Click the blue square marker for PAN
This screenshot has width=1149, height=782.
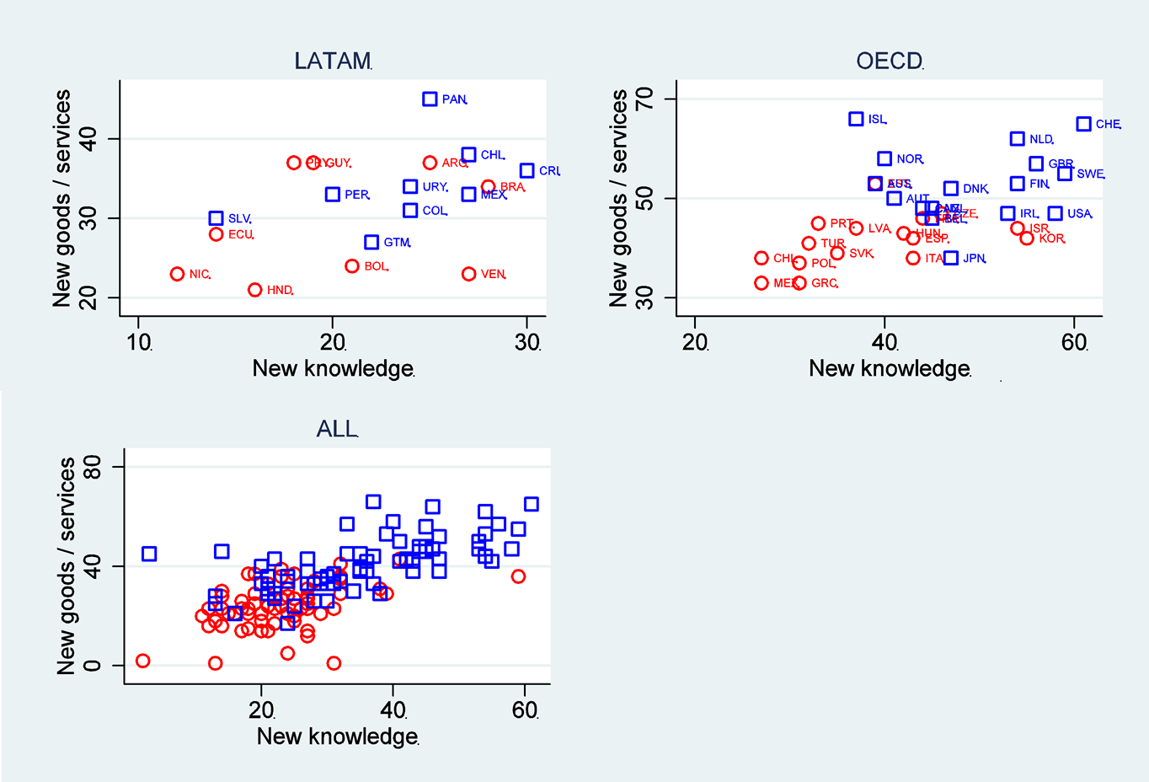pyautogui.click(x=430, y=99)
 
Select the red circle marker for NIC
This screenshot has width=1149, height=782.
pyautogui.click(x=177, y=274)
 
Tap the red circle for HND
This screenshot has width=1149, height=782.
pyautogui.click(x=255, y=290)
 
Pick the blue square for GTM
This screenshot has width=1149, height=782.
pyautogui.click(x=371, y=242)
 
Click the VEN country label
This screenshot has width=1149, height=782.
pyautogui.click(x=493, y=275)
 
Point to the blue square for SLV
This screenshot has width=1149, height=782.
pyautogui.click(x=216, y=218)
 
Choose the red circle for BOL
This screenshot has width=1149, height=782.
pyautogui.click(x=352, y=266)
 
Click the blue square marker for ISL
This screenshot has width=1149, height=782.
pyautogui.click(x=856, y=119)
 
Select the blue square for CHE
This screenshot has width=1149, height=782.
pyautogui.click(x=1084, y=124)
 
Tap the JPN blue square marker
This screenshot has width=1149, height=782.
pyautogui.click(x=951, y=258)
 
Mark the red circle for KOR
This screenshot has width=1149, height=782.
pyautogui.click(x=1027, y=238)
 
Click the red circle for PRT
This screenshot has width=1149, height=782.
pyautogui.click(x=818, y=223)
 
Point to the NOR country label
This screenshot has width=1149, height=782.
pyautogui.click(x=909, y=159)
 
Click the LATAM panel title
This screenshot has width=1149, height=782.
pyautogui.click(x=333, y=61)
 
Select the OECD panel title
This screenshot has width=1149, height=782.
pyautogui.click(x=889, y=61)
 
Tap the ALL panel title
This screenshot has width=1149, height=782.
pyautogui.click(x=337, y=429)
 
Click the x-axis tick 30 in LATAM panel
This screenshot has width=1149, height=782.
pyautogui.click(x=527, y=342)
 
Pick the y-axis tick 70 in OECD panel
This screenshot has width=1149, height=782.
pyautogui.click(x=644, y=99)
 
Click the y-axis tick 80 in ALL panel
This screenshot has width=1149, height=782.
pyautogui.click(x=91, y=467)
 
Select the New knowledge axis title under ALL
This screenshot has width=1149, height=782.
pyautogui.click(x=337, y=736)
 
